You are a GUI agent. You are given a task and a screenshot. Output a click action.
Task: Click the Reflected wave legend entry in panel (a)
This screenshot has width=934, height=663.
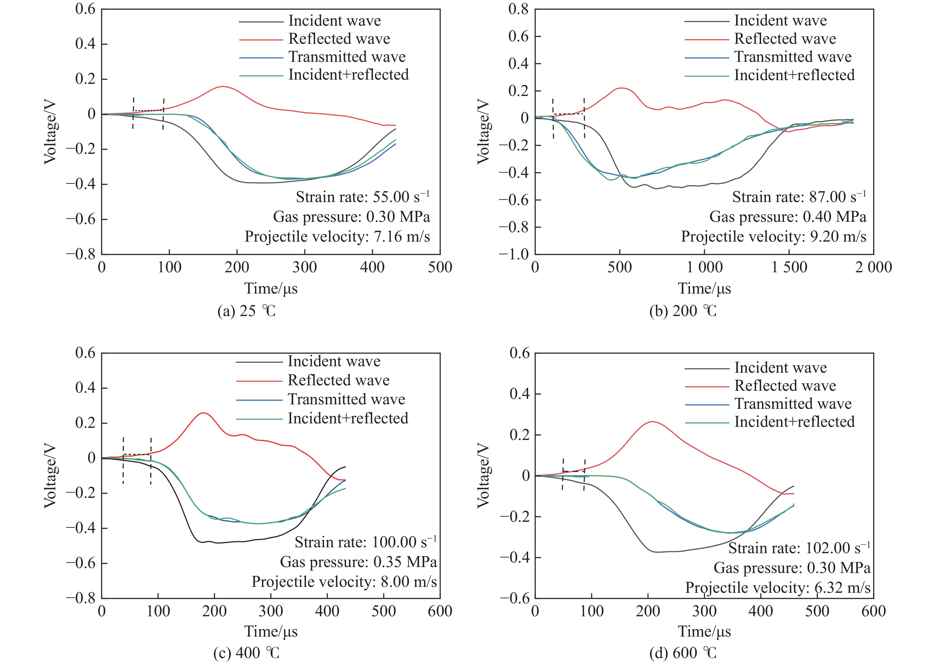pos(339,39)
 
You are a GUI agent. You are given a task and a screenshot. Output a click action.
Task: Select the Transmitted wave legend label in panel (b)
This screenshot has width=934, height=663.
pos(792,57)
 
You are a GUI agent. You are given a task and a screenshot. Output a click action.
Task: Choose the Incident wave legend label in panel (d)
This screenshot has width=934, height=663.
pos(780,367)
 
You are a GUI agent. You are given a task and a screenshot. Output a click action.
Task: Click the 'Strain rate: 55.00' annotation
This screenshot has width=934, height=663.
pos(362,197)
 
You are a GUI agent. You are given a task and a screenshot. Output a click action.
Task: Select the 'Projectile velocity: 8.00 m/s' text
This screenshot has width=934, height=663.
pos(344,581)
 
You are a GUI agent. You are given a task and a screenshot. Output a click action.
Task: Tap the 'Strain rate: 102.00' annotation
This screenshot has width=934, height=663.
pos(799,548)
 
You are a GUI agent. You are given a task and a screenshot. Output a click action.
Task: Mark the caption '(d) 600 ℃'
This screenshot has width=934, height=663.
pos(683,653)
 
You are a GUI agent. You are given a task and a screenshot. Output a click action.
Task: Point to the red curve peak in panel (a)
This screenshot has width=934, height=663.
pos(223,86)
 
